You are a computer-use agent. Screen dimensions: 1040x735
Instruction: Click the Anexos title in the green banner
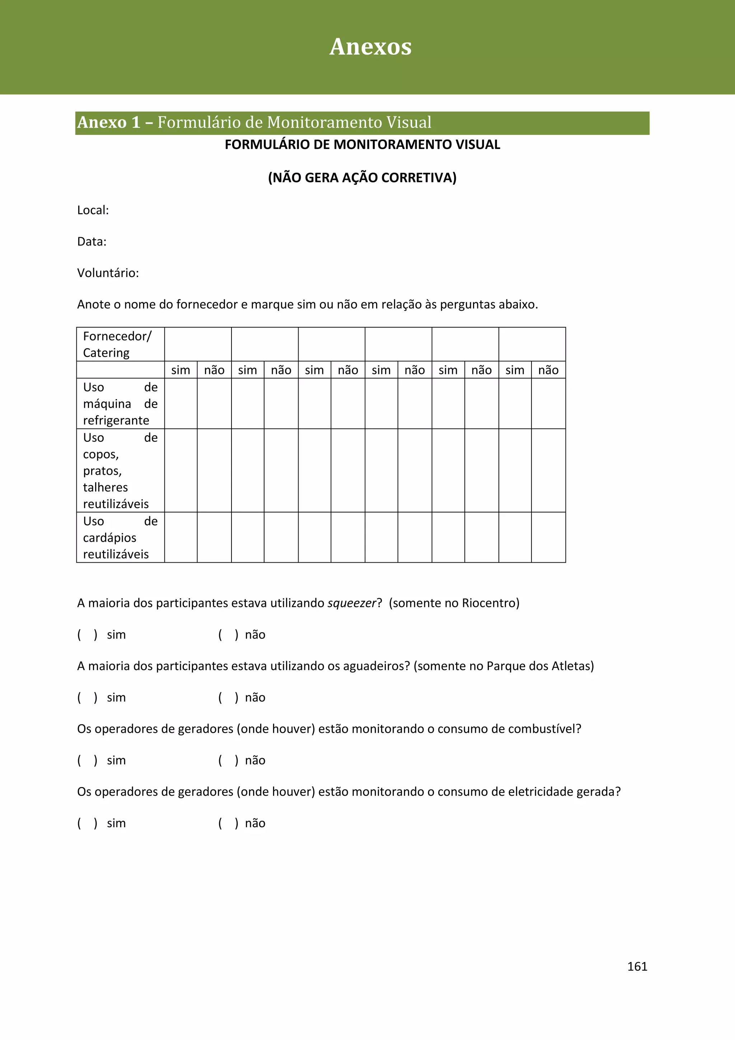370,47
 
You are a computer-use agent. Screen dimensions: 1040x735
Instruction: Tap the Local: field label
93,210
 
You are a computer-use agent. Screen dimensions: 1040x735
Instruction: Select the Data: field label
92,242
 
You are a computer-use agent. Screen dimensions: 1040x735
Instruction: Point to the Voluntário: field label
108,273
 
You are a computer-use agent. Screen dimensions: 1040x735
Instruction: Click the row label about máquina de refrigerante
120,404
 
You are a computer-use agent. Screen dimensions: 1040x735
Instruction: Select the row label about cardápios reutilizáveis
120,538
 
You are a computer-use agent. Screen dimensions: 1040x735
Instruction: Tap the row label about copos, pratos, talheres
120,470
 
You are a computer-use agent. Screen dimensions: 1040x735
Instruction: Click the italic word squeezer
352,603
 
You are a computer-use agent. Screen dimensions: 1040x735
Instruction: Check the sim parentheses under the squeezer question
87,634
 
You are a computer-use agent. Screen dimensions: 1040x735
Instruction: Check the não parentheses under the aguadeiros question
228,698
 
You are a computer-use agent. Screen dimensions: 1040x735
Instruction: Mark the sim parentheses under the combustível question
87,760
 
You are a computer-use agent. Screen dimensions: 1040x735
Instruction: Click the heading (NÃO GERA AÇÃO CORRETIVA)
362,178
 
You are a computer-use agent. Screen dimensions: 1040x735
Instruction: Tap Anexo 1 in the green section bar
109,123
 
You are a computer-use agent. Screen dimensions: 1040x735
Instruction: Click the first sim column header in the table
180,370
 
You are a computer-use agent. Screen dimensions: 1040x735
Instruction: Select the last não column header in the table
548,370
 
